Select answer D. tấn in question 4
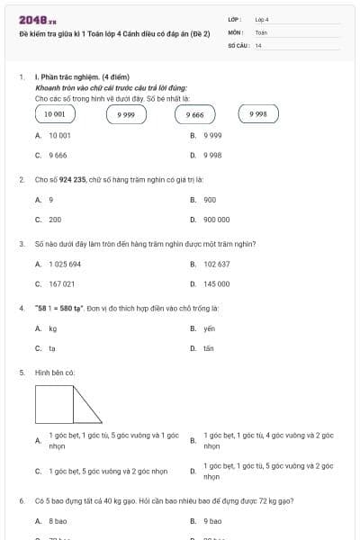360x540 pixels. (208, 348)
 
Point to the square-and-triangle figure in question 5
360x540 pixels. (68, 404)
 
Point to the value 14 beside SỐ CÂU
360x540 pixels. (258, 44)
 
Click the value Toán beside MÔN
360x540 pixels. (261, 31)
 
